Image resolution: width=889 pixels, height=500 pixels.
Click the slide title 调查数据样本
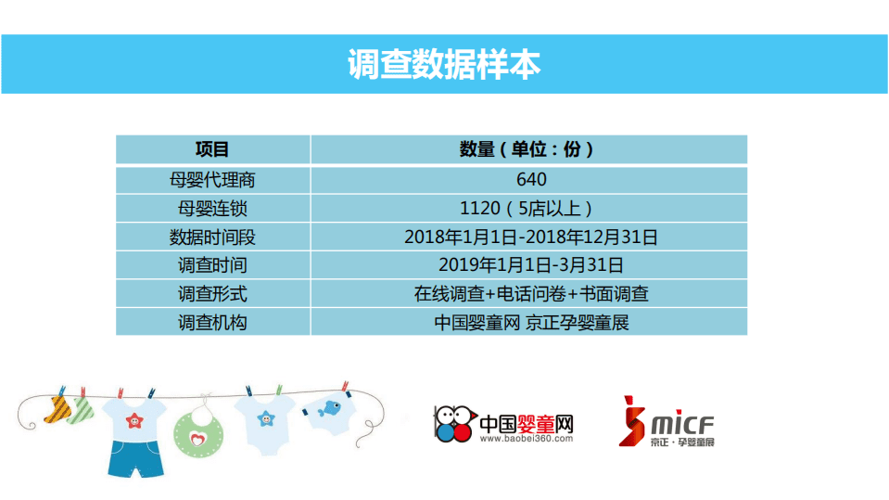point(444,64)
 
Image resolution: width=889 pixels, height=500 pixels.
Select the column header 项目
point(212,149)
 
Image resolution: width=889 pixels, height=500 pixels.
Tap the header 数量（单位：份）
point(527,149)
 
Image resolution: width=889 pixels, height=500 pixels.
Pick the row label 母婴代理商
point(212,179)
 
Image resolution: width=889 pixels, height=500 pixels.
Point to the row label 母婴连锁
point(212,208)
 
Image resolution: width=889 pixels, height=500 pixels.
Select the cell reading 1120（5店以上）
point(527,208)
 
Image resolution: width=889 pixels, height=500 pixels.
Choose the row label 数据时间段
point(212,237)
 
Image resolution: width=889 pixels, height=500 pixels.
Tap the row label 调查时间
point(212,265)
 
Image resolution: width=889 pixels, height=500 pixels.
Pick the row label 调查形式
point(212,294)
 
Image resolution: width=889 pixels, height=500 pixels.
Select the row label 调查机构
point(212,323)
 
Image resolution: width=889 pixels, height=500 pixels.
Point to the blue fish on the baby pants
point(328,406)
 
